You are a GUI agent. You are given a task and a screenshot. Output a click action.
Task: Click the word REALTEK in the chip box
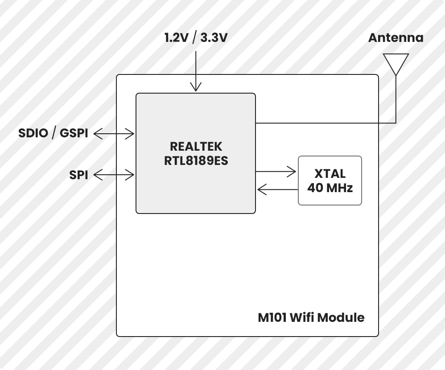[196, 147]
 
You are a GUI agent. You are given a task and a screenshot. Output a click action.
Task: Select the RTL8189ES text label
[196, 161]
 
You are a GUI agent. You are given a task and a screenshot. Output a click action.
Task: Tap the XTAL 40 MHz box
[330, 181]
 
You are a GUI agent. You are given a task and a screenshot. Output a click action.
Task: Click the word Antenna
[396, 38]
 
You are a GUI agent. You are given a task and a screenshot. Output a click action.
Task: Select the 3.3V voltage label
[214, 38]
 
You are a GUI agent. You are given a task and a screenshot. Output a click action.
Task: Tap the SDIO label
[33, 133]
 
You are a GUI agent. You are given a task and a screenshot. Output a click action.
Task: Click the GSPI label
[74, 133]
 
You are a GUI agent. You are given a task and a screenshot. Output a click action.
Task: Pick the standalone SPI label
[78, 175]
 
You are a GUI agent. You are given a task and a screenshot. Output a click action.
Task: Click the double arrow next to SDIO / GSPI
[114, 134]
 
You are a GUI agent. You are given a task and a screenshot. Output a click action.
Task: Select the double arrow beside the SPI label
[114, 175]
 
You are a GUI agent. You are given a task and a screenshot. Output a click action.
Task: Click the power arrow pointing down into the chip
[196, 71]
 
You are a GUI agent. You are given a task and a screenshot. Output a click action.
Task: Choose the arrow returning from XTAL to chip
[277, 189]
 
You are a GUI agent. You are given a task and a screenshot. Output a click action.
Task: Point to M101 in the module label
[272, 317]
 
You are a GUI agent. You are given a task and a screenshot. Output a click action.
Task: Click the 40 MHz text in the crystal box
[330, 188]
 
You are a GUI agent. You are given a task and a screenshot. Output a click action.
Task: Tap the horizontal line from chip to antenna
[326, 123]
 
